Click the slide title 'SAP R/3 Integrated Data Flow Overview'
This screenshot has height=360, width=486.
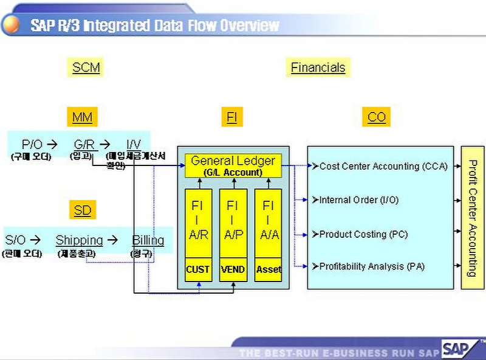pos(154,26)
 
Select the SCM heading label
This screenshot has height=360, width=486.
pos(86,67)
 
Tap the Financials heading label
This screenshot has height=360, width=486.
pos(318,67)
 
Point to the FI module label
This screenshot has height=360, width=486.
pos(231,117)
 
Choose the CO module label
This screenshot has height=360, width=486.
pos(377,117)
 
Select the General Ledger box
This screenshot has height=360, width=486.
pos(233,165)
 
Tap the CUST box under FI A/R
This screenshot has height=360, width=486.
pos(198,269)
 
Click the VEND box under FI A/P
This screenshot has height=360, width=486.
pos(233,269)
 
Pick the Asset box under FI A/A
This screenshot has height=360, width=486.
pos(268,269)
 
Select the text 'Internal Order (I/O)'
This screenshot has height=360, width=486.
pos(358,200)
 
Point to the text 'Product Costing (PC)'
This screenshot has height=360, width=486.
pos(363,234)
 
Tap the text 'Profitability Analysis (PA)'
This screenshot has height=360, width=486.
pos(372,266)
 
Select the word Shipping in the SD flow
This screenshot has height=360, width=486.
pos(79,240)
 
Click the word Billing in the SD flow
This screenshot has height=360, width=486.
pos(148,240)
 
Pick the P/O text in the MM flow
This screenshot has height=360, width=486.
pos(32,145)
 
